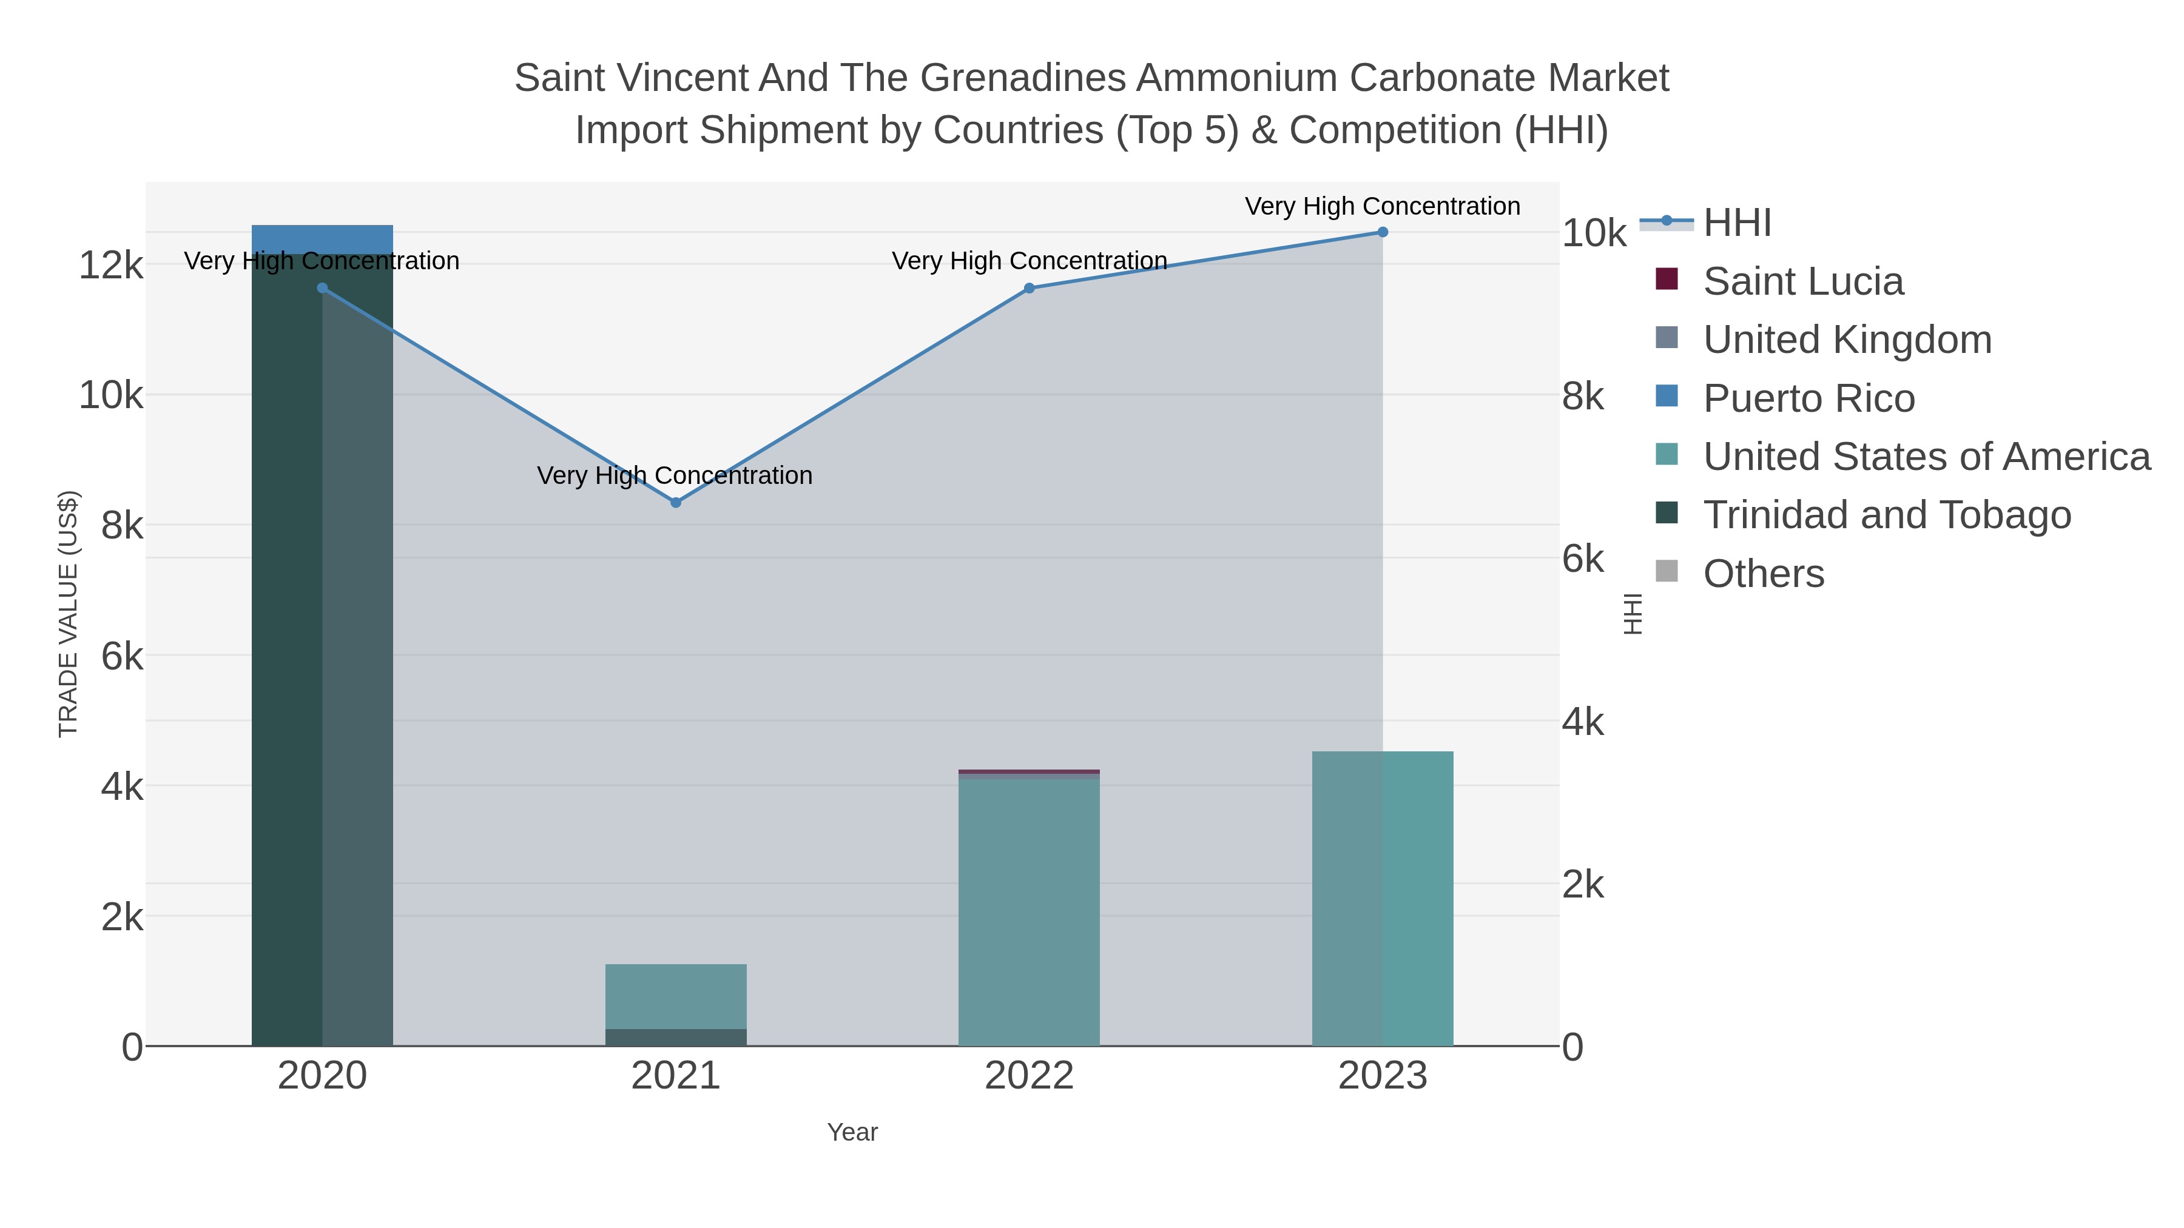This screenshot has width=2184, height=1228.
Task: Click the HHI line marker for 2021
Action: [676, 503]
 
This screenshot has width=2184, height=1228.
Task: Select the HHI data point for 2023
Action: [1382, 232]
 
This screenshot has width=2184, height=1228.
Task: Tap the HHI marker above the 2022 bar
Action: [1030, 288]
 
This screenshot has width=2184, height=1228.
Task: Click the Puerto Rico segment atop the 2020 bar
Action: [322, 238]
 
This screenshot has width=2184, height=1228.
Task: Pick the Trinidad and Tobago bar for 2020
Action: [322, 644]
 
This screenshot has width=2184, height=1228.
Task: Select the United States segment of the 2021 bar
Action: [676, 996]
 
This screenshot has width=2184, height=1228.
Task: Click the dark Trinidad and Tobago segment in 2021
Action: [676, 1038]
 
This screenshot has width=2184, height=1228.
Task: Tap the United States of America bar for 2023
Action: [1382, 898]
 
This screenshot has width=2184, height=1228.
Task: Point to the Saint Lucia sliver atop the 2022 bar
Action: [1030, 771]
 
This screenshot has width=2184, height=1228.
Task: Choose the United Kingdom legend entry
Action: [1847, 340]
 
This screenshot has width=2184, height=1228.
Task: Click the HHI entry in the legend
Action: [1736, 223]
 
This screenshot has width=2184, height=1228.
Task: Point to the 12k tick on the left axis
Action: [110, 265]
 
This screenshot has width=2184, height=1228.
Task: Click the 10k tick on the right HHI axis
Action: [1594, 233]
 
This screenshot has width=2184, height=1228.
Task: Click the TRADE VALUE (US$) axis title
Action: [68, 614]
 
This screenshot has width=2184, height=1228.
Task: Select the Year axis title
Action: [852, 1132]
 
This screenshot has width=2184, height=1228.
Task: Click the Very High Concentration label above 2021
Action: [675, 475]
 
